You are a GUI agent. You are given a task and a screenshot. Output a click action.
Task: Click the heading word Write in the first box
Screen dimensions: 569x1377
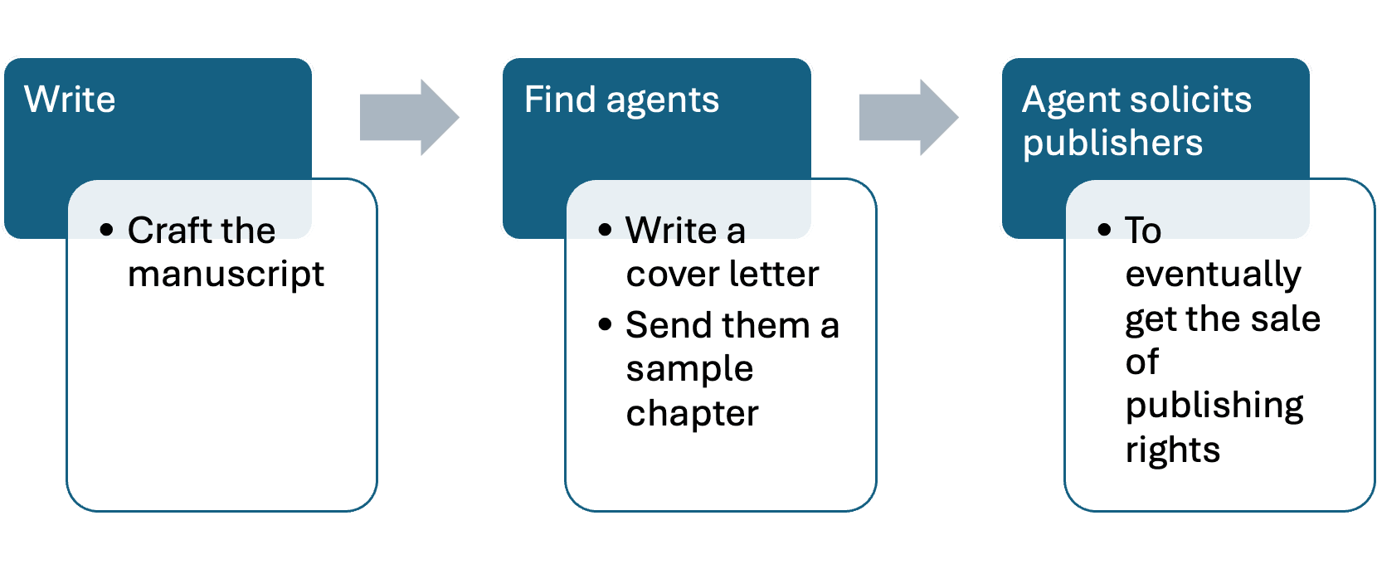(x=70, y=100)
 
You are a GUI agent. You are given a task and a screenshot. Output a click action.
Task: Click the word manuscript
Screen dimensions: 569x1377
(x=226, y=275)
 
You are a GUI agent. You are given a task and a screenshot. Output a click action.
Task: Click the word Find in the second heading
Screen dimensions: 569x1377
(x=560, y=100)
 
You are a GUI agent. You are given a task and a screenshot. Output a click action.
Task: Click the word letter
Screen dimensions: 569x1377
(x=774, y=274)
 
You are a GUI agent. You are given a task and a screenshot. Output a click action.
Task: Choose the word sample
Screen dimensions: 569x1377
(x=689, y=370)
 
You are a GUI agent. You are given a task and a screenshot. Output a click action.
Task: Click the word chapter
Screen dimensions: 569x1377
(x=692, y=413)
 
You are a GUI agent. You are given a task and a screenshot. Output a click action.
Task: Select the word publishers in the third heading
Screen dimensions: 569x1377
(x=1112, y=143)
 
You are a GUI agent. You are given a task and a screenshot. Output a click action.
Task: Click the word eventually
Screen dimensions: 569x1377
(x=1213, y=275)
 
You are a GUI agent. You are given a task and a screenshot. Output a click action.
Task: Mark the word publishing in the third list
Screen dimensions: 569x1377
(x=1214, y=406)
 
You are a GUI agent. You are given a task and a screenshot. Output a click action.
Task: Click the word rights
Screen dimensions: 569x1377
(x=1172, y=450)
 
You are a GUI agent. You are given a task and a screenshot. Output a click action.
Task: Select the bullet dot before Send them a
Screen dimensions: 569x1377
(x=605, y=324)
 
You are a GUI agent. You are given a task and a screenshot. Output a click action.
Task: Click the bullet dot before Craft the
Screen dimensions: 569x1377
(x=106, y=230)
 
